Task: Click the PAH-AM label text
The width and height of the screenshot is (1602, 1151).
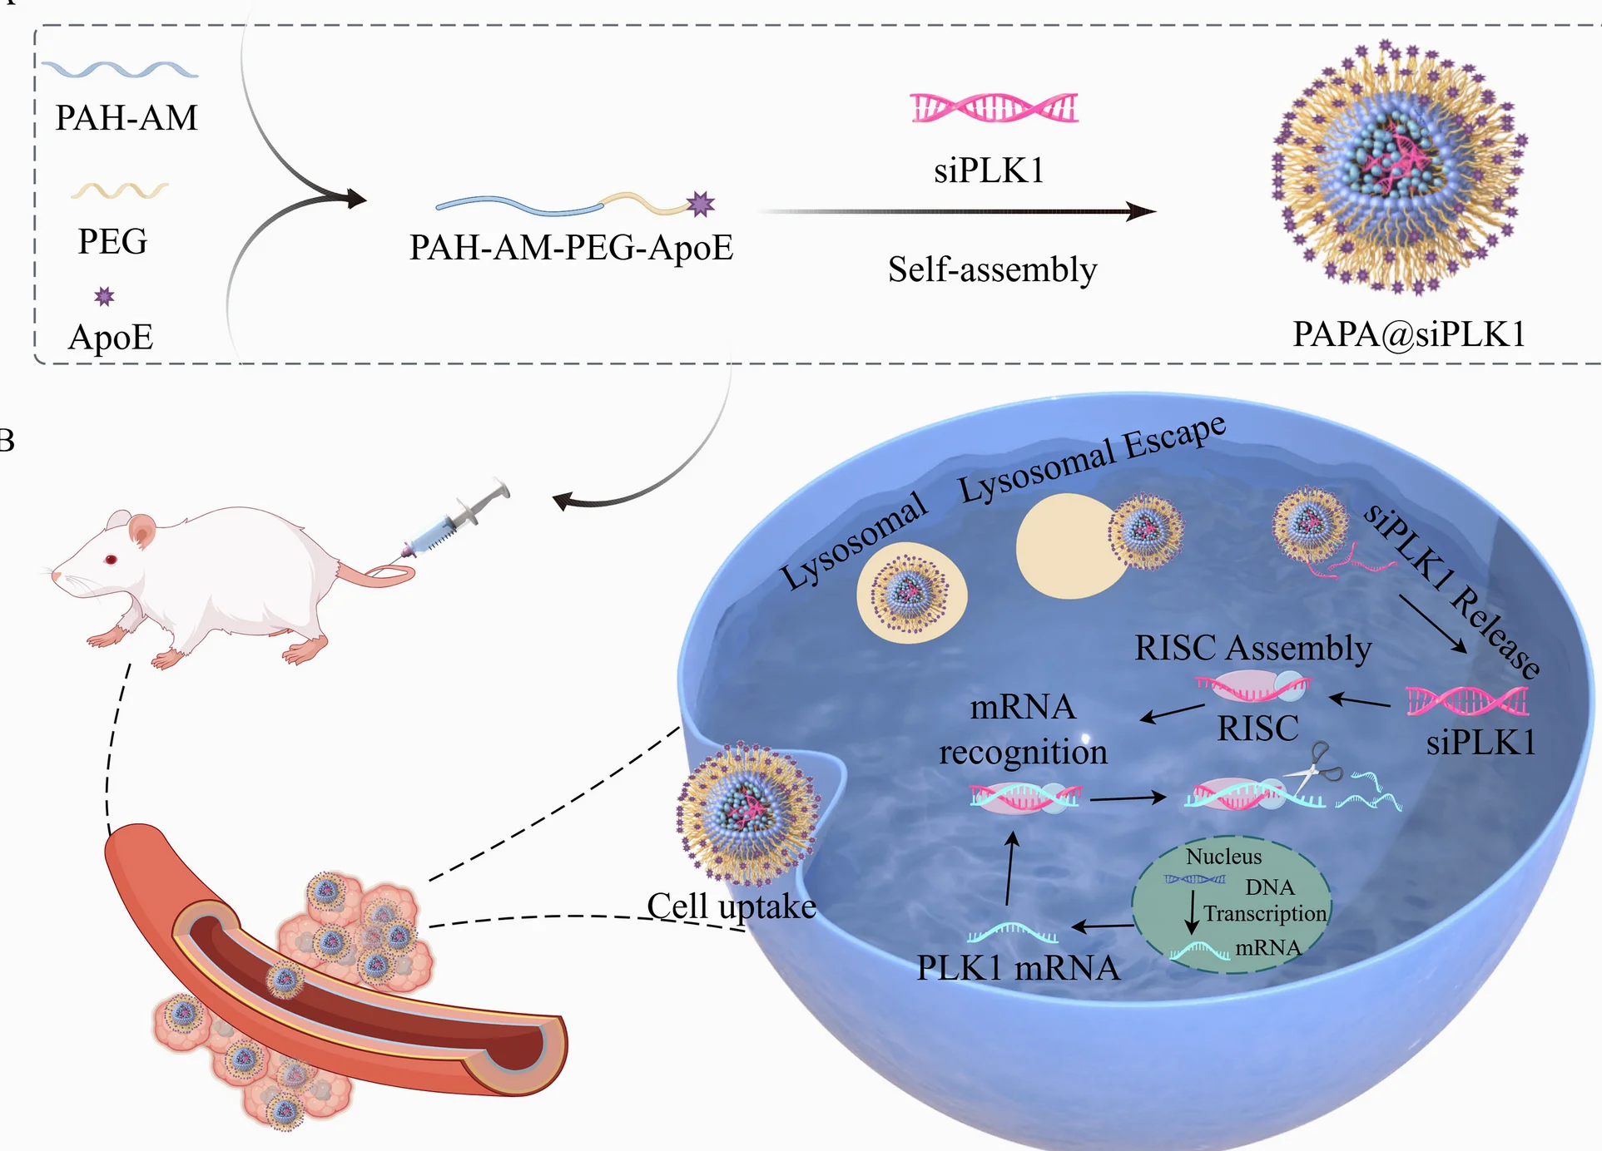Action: coord(126,117)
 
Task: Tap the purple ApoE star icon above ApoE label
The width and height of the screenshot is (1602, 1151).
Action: coord(104,297)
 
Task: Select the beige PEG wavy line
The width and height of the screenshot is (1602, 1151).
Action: coord(119,191)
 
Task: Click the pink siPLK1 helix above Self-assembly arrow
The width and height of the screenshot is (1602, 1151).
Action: coord(994,108)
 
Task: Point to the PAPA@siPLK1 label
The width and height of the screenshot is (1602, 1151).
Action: coord(1409,334)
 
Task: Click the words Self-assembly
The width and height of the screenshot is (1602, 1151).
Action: coord(992,269)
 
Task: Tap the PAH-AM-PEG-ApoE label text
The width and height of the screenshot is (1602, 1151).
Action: coord(571,248)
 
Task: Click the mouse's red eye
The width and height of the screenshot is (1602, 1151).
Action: coord(111,560)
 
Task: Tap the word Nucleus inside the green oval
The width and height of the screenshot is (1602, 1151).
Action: coord(1223,857)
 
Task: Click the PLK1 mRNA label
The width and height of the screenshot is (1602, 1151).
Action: coord(1017,968)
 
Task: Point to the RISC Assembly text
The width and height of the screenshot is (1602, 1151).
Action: coord(1252,648)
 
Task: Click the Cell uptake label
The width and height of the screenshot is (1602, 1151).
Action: coord(732,906)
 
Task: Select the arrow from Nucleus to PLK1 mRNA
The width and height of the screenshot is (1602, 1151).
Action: coord(1102,926)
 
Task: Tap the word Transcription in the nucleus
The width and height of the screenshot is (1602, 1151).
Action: coord(1264,914)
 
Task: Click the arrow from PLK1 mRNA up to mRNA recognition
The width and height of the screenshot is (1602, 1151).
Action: coord(1010,869)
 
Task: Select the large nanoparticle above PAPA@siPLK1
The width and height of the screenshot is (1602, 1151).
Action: coord(1400,166)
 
